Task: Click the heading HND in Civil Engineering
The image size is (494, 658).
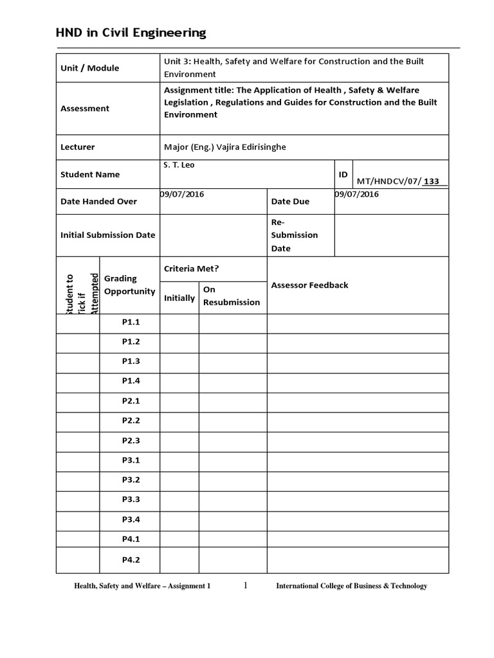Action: (x=131, y=33)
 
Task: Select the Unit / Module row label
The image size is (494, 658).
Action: (x=89, y=68)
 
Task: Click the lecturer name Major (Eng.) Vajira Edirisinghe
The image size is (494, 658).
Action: (x=224, y=147)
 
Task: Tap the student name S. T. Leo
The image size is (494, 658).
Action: (x=179, y=165)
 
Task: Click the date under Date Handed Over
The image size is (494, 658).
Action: (x=182, y=194)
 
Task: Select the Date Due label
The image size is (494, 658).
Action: (x=290, y=201)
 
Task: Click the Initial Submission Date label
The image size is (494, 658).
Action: (x=107, y=235)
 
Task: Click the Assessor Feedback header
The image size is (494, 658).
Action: (x=310, y=285)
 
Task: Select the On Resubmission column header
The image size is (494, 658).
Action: (x=232, y=296)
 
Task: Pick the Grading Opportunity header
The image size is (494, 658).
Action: (x=129, y=285)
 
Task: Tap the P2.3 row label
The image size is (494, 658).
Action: (x=131, y=441)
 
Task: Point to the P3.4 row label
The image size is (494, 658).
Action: (x=131, y=520)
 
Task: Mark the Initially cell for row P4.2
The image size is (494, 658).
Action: (x=179, y=560)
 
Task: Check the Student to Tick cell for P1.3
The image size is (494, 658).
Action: (x=78, y=362)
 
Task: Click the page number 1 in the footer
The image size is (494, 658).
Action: (x=245, y=585)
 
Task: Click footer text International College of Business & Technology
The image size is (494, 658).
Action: (x=351, y=586)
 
